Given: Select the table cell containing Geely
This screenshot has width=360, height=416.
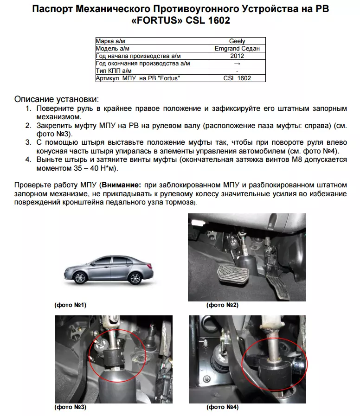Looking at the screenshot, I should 237,41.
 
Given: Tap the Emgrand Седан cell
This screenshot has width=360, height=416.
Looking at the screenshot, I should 237,48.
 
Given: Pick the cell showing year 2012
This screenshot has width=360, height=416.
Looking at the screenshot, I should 237,56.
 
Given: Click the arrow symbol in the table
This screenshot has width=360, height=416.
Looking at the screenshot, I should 237,63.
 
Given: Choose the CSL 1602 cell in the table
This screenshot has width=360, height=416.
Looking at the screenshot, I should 237,78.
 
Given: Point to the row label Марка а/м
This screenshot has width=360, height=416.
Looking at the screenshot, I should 111,41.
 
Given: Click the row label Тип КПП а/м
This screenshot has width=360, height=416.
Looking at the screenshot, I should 114,70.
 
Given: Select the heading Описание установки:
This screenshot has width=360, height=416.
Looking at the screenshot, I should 57,99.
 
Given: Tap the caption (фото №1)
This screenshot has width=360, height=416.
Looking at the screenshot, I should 71,305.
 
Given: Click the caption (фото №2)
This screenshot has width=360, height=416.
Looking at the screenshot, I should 222,305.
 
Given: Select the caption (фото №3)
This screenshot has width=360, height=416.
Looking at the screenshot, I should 71,407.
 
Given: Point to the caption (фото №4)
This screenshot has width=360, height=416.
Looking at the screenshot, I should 223,407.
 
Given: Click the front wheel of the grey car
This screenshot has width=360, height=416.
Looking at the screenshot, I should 81,278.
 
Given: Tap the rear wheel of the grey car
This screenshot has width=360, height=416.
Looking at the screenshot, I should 135,278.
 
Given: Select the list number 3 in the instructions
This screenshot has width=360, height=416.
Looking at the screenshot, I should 28,142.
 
